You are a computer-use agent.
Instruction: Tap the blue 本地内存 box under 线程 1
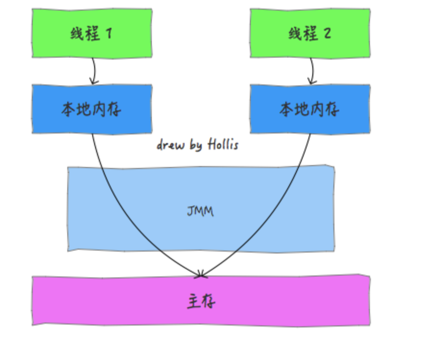tap(92, 109)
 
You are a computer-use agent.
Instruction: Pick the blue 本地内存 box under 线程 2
tap(310, 109)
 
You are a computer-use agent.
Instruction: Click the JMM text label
tap(200, 211)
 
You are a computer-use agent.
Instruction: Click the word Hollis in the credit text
tap(223, 144)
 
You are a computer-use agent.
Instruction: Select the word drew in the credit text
tap(171, 145)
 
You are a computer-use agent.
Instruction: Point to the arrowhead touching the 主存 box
tap(201, 275)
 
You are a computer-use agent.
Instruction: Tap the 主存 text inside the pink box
tap(201, 301)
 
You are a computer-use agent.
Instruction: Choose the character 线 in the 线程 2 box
tap(296, 34)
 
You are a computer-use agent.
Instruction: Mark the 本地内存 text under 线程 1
tap(92, 109)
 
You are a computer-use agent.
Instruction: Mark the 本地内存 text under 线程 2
tap(310, 109)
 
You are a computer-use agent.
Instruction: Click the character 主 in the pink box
tap(193, 301)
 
